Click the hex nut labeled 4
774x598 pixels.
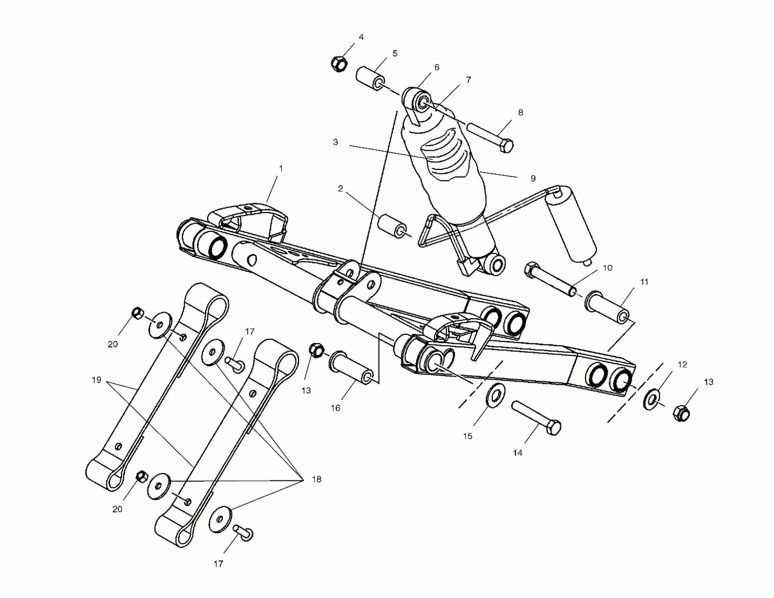[x=339, y=64]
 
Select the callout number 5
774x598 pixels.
[x=395, y=53]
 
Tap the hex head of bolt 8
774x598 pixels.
[x=507, y=146]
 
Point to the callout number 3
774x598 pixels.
[x=335, y=142]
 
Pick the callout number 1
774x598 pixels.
[x=281, y=168]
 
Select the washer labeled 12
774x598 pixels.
[x=651, y=400]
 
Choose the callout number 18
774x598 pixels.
[x=317, y=479]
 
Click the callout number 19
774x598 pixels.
[x=96, y=380]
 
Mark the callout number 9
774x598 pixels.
[x=533, y=178]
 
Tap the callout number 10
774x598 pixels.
[x=608, y=268]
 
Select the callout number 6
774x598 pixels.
[x=437, y=67]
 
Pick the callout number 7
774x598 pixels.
[x=469, y=80]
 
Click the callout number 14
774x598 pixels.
[x=518, y=453]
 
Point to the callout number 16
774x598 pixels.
[x=335, y=408]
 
